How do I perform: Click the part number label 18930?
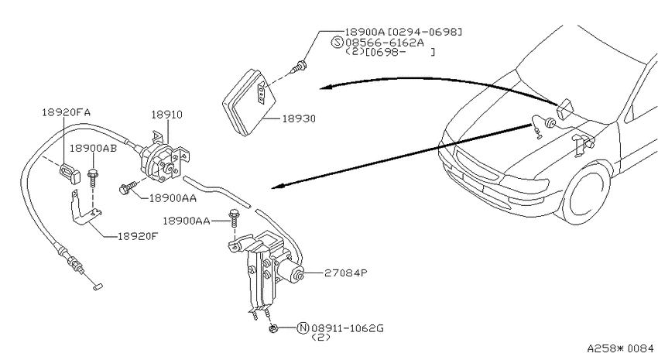[298, 118]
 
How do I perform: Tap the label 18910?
[166, 115]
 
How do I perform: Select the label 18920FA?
[66, 112]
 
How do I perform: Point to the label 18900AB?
[93, 148]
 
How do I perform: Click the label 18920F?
[138, 236]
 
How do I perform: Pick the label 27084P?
[346, 273]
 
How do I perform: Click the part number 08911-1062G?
[347, 327]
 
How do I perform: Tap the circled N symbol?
[303, 327]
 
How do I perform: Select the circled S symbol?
[338, 42]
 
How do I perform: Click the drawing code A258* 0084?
[620, 348]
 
